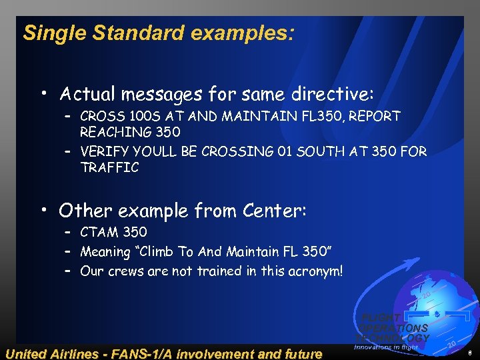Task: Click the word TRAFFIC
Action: [x=109, y=167]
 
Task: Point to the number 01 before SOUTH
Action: [x=283, y=151]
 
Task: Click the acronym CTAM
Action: [x=99, y=233]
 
